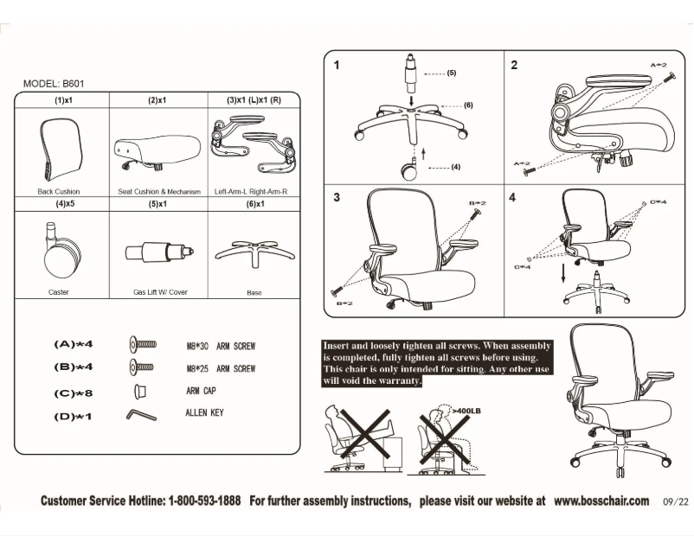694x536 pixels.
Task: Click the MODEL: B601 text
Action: (x=54, y=84)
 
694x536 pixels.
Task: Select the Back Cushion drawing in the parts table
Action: (x=59, y=149)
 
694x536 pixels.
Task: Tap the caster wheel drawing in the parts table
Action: (x=59, y=246)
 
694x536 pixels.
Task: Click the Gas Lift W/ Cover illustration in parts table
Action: (x=158, y=252)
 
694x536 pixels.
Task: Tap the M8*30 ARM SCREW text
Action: (x=221, y=346)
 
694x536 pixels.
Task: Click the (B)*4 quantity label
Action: (x=73, y=367)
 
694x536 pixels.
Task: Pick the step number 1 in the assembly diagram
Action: (x=337, y=65)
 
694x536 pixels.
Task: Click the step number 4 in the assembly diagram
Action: (x=512, y=197)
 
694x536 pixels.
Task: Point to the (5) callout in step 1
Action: (x=451, y=73)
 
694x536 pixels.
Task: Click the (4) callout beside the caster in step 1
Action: (x=455, y=167)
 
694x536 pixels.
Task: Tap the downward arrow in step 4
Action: (x=562, y=273)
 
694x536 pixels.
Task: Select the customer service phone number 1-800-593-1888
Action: (x=204, y=501)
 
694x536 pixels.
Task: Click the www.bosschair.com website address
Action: (x=601, y=501)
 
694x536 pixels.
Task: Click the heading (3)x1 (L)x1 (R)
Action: (x=254, y=100)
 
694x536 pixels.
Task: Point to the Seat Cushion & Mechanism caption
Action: (x=158, y=192)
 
